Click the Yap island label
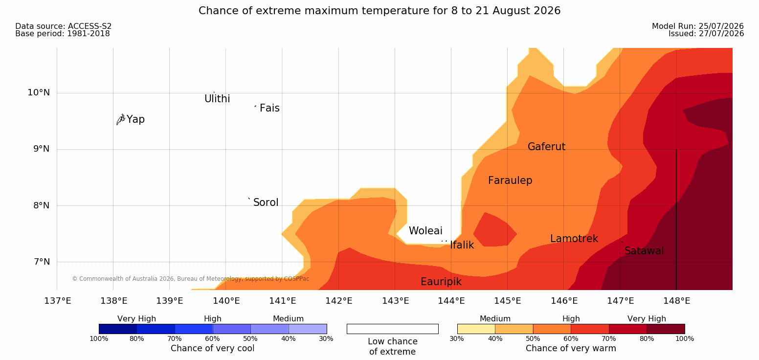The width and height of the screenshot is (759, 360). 135,119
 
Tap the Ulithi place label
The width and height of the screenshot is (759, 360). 217,99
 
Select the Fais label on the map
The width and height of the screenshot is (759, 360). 270,108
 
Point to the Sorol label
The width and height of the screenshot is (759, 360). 266,202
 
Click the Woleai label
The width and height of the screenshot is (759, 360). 425,231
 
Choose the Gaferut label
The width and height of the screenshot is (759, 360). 547,146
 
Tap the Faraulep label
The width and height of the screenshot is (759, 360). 510,180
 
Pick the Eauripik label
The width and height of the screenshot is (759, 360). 441,282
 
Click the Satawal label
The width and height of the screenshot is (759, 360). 644,251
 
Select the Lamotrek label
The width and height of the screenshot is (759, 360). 574,239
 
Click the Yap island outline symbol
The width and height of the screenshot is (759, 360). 121,120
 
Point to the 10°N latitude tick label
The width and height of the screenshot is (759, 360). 39,92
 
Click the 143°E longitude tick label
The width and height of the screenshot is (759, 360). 396,301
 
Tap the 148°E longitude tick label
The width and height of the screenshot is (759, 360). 677,301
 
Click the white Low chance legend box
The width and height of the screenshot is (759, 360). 392,329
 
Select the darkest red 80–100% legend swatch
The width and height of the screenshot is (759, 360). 666,329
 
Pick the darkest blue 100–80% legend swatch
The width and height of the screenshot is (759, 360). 118,329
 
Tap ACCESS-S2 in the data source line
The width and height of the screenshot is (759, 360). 90,26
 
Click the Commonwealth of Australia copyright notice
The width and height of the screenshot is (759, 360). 190,279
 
